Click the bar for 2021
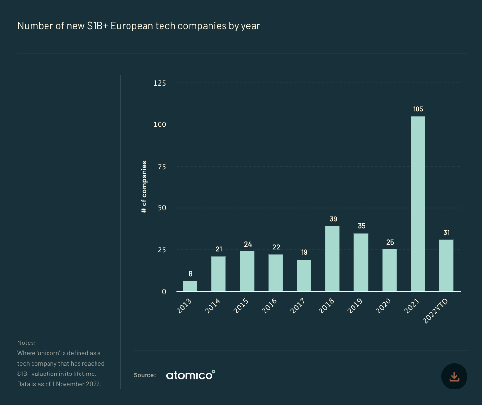(x=418, y=203)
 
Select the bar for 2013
(x=190, y=286)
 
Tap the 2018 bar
(x=332, y=258)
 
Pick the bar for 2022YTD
(x=446, y=265)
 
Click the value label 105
(x=418, y=109)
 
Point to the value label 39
(x=333, y=219)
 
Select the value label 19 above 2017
(x=304, y=252)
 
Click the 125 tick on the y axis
(x=160, y=83)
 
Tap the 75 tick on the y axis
(x=161, y=167)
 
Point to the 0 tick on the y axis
(x=164, y=292)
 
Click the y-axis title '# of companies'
(x=145, y=187)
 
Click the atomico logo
(x=190, y=375)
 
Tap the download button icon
(x=454, y=376)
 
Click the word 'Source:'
(x=145, y=375)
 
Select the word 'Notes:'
(x=27, y=343)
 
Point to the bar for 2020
(x=389, y=270)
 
